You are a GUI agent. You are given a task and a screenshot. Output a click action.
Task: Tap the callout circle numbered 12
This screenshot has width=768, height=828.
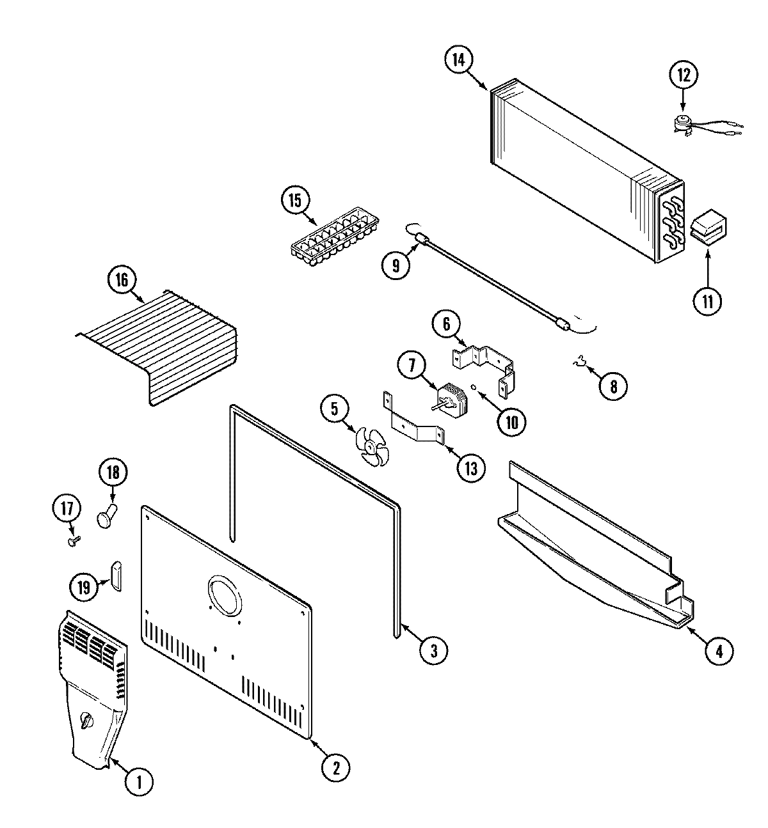click(x=683, y=75)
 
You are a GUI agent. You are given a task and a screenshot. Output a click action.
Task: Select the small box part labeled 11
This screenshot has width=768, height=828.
click(x=707, y=228)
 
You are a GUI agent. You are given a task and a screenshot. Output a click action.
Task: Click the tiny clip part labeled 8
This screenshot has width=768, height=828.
click(x=581, y=366)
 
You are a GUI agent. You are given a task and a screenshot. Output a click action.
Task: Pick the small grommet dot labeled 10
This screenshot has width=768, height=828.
click(x=473, y=387)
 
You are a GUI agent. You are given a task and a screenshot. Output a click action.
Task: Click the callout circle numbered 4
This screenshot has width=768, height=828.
click(x=718, y=652)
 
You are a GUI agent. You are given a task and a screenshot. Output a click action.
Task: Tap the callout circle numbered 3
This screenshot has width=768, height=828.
click(x=433, y=651)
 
